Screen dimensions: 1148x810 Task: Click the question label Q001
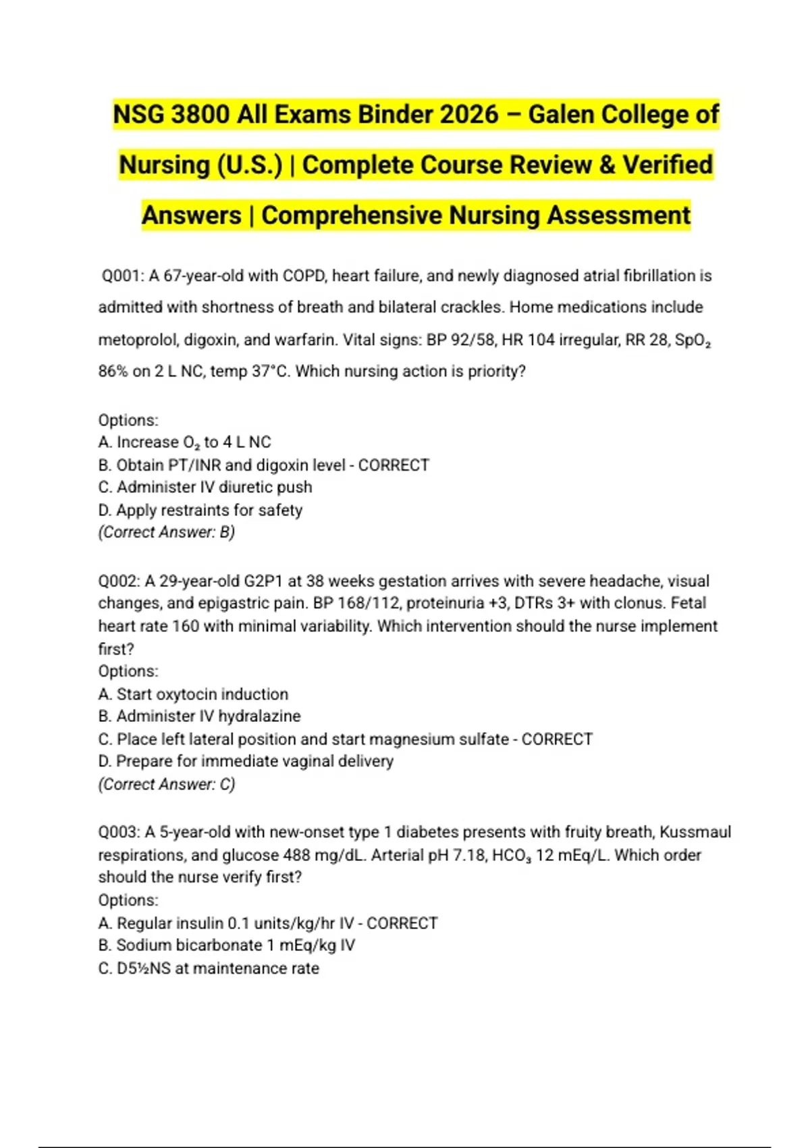coord(122,276)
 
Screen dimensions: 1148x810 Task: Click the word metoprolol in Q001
coord(137,340)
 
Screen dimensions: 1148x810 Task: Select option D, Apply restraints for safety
coord(200,510)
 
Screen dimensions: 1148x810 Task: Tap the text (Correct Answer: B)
coord(167,532)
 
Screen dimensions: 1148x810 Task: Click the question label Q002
coord(119,581)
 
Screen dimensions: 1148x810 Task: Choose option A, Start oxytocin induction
coord(193,694)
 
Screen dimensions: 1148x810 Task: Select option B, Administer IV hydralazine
coord(200,716)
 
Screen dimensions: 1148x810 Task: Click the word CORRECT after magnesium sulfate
coord(557,739)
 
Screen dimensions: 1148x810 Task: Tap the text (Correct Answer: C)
coord(167,784)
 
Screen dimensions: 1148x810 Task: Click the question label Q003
coord(119,832)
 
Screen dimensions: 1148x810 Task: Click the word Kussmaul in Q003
coord(695,832)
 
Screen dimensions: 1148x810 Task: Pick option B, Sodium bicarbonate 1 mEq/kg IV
coord(227,945)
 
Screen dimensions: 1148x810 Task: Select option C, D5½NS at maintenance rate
coord(209,968)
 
